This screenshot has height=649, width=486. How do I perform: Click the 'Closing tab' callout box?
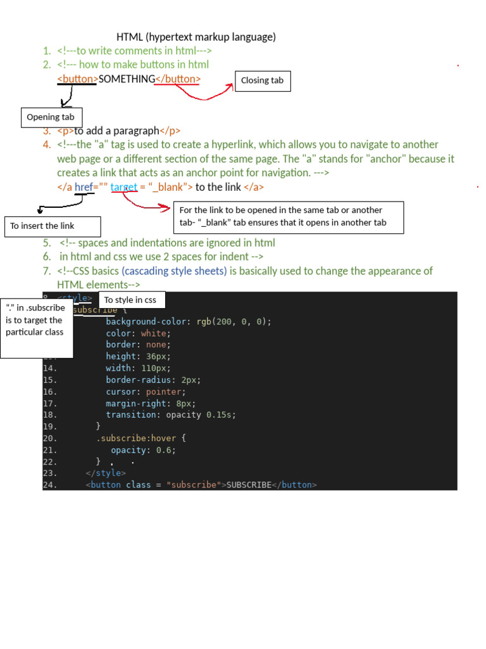click(x=263, y=80)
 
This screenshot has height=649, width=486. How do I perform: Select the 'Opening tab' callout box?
click(x=51, y=117)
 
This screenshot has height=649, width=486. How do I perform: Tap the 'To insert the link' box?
click(x=52, y=226)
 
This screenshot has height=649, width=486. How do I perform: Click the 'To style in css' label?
click(x=132, y=300)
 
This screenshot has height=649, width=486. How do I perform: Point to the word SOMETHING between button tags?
click(x=127, y=79)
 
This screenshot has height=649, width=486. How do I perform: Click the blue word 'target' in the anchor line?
click(x=124, y=187)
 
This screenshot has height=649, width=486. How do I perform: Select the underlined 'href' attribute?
click(x=84, y=187)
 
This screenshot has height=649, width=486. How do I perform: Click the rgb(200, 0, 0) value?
click(x=234, y=321)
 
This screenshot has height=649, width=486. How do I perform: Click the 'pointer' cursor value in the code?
click(x=163, y=392)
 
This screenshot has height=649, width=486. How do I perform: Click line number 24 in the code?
click(x=50, y=485)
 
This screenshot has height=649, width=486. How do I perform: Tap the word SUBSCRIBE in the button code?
click(x=249, y=485)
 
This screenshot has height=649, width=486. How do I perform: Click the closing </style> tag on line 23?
click(x=106, y=473)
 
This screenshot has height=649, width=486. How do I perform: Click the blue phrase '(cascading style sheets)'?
click(x=174, y=271)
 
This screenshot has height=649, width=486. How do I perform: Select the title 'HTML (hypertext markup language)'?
click(x=196, y=37)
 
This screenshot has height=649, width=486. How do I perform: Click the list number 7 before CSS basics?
click(x=47, y=271)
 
